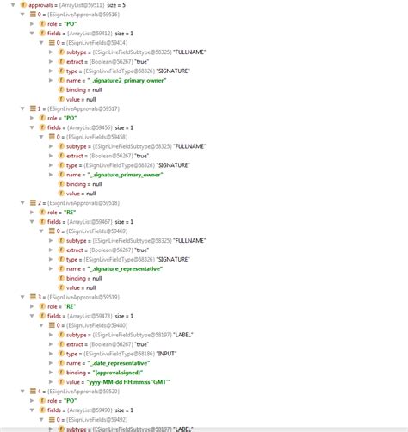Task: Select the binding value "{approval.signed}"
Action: (x=124, y=372)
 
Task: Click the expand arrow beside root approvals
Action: (x=4, y=5)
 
